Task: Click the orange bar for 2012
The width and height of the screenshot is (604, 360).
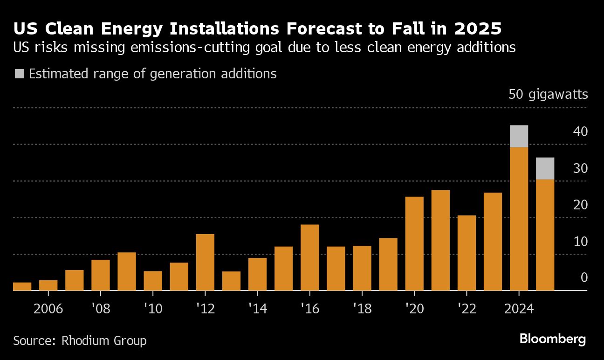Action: (x=205, y=262)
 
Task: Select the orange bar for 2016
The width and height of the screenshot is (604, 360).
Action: (x=310, y=257)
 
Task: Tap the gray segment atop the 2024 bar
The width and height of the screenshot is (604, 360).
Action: (x=519, y=136)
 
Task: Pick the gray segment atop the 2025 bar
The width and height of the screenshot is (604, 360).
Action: (x=545, y=168)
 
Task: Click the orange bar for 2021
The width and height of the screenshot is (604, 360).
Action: (x=440, y=240)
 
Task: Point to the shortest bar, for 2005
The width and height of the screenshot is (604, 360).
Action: (x=22, y=286)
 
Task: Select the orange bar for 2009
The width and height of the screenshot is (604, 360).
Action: (x=127, y=271)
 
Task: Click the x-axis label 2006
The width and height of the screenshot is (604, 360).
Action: (x=48, y=309)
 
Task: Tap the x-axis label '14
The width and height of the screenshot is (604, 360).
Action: (x=257, y=309)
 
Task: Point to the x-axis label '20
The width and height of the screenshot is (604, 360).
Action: (x=414, y=309)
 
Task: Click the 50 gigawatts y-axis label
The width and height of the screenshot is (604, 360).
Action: (x=548, y=95)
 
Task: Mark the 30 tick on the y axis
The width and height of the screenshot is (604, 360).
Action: (x=580, y=168)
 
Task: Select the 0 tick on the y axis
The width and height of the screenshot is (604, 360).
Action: (x=583, y=278)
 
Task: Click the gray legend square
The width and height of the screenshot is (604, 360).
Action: (x=20, y=74)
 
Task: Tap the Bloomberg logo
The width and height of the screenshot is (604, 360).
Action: (x=552, y=339)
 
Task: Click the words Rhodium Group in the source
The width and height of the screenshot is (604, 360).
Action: (x=104, y=341)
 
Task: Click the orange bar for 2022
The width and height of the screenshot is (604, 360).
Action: (x=467, y=253)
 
